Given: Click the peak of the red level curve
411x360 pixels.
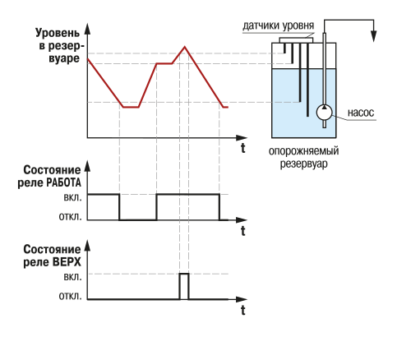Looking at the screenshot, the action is [x=185, y=47].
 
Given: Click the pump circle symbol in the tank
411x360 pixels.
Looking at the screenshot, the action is [x=324, y=113].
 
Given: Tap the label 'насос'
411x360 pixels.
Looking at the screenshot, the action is [x=361, y=113].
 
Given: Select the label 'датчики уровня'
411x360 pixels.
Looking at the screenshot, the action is [x=279, y=25].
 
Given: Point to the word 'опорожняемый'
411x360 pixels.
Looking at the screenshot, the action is [x=303, y=151].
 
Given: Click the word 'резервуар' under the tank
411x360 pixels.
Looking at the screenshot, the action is [x=303, y=164].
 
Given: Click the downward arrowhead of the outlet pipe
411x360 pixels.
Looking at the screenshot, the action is [x=373, y=36].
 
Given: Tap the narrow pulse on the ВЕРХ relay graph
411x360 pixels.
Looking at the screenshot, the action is [x=184, y=286].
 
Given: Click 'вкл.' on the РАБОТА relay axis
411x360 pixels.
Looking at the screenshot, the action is [x=72, y=197].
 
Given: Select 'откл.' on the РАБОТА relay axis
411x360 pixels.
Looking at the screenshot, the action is [x=70, y=217].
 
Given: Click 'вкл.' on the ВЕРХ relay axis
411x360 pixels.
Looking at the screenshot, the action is [x=72, y=277].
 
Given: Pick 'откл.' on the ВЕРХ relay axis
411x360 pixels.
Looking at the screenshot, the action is [x=70, y=296].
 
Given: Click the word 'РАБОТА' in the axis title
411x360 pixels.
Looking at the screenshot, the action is [x=64, y=182].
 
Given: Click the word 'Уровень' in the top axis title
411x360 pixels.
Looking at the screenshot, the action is [x=58, y=33].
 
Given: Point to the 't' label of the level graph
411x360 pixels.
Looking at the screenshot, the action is [x=243, y=148].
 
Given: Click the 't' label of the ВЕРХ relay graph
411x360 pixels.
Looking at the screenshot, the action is [x=243, y=311].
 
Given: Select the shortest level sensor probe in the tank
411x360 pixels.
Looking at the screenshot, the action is [x=284, y=48].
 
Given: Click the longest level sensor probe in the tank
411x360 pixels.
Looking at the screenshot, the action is [x=307, y=80].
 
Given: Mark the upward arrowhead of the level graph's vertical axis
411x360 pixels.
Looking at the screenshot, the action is [x=87, y=29].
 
